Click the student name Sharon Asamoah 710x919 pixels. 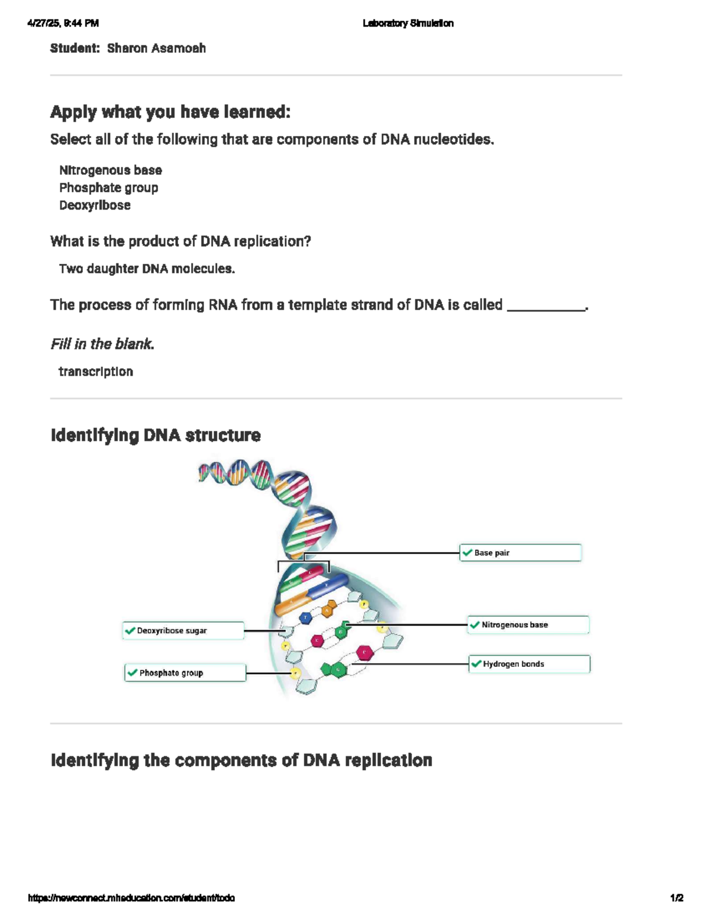(156, 49)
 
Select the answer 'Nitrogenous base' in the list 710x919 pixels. (110, 170)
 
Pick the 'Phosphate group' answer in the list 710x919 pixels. (108, 188)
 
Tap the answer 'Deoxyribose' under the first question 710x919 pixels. (95, 205)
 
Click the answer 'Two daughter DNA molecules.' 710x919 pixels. (147, 269)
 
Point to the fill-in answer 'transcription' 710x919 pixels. (96, 372)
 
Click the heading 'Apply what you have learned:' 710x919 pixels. (170, 112)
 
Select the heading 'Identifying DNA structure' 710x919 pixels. (156, 436)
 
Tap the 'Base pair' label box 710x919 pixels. (521, 553)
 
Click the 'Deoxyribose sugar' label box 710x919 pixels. (183, 631)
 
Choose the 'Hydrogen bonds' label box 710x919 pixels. (530, 664)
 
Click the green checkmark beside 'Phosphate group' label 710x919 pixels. (132, 673)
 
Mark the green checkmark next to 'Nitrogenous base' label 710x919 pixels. (475, 625)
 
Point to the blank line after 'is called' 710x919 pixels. (546, 307)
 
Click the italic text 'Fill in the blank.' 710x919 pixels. (102, 344)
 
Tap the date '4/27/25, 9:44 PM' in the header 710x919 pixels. (63, 24)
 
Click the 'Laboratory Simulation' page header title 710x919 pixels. (408, 24)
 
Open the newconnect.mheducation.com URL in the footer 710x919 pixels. (131, 898)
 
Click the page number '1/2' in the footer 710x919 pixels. (677, 898)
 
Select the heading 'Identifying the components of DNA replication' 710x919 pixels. (241, 760)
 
